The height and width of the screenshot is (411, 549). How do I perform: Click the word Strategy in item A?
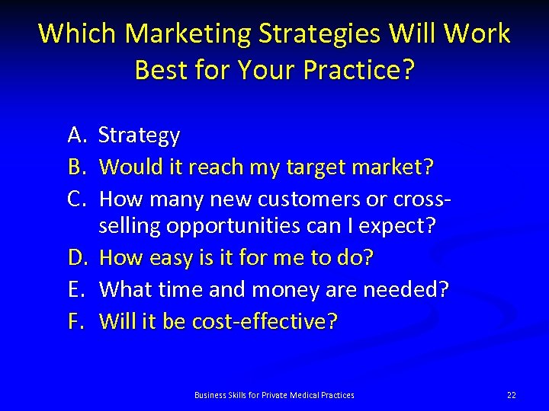coord(140,136)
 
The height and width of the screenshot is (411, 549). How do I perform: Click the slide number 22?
coord(511,394)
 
